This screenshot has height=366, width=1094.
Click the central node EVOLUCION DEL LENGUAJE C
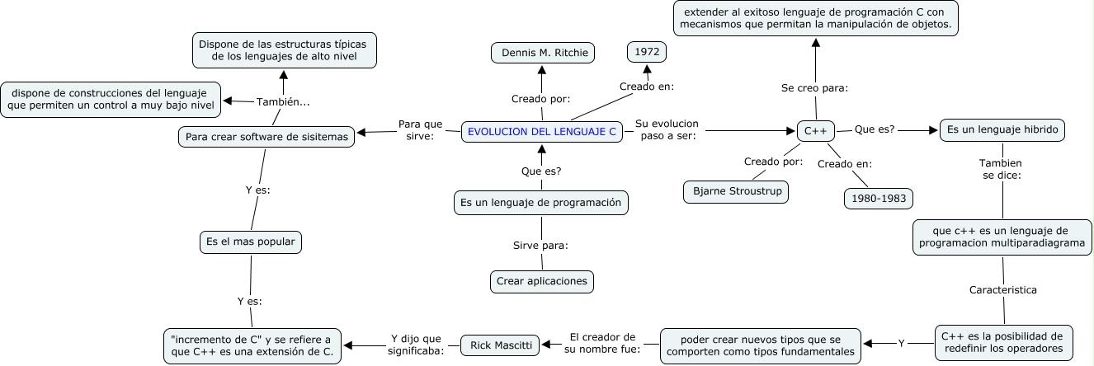[542, 131]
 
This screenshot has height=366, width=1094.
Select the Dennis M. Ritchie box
[542, 53]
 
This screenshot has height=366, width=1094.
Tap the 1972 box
[647, 51]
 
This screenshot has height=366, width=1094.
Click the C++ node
[816, 131]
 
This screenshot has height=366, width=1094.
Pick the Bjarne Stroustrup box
[736, 192]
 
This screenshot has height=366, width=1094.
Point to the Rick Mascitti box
[501, 344]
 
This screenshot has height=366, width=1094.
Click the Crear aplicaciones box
[542, 281]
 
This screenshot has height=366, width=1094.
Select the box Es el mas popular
[251, 242]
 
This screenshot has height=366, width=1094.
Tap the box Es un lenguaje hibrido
[1002, 130]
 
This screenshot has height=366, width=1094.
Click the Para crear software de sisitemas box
[266, 136]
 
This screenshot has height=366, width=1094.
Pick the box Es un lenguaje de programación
[541, 202]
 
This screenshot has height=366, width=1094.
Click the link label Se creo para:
[814, 88]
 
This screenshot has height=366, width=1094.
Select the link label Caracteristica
[1002, 290]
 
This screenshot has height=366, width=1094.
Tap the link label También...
[283, 102]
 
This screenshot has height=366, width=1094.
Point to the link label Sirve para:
[541, 245]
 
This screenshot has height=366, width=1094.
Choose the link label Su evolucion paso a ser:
[667, 130]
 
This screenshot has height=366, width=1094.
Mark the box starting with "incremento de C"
[252, 345]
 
